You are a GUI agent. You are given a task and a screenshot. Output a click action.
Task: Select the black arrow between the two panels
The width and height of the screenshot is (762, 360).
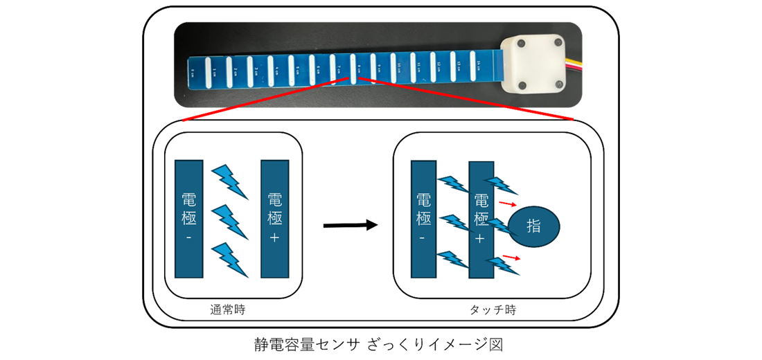351,225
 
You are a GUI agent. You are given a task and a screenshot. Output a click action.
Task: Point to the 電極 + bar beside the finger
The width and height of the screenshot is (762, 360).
481,219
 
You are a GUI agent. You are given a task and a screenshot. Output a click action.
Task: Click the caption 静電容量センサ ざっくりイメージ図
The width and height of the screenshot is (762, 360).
380,343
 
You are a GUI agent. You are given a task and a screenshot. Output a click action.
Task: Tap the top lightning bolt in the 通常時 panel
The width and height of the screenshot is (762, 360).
229,179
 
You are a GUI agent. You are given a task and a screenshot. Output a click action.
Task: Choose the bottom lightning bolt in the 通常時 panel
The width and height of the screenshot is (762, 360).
229,258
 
